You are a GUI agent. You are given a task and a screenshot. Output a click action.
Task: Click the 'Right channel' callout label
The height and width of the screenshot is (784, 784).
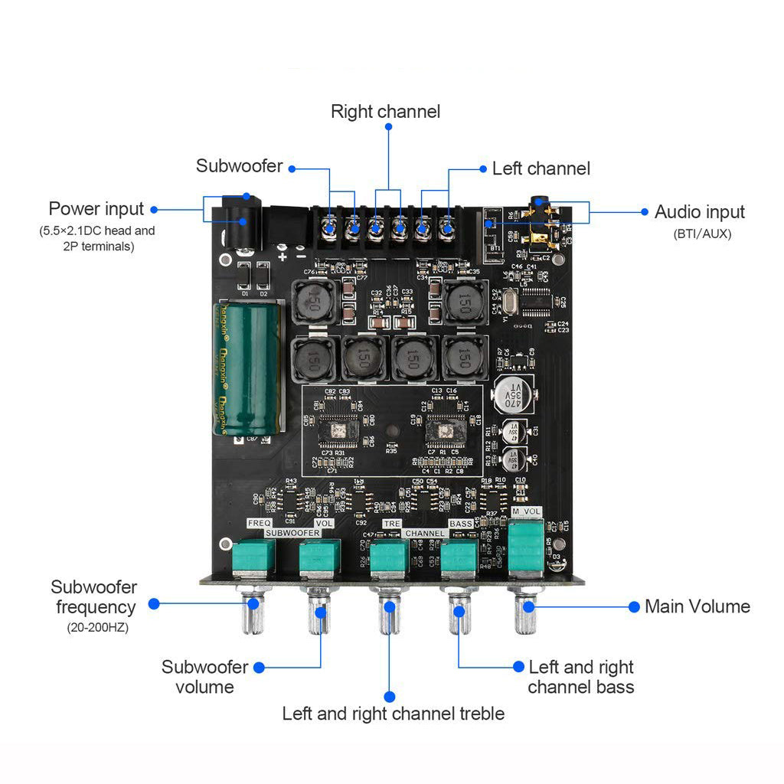(x=385, y=112)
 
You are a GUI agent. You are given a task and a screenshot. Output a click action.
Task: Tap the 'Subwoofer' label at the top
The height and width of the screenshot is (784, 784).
(x=239, y=166)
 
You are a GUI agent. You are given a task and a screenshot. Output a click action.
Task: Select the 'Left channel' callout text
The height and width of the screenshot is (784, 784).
(x=541, y=168)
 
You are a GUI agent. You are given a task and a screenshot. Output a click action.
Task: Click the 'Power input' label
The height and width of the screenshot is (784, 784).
(x=96, y=209)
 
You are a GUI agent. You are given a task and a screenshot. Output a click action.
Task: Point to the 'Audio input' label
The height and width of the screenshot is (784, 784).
(x=699, y=212)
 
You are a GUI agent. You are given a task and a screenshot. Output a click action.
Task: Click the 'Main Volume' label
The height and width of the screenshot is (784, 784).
(x=697, y=606)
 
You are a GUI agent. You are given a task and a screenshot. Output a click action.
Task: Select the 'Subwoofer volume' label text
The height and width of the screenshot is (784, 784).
(x=204, y=677)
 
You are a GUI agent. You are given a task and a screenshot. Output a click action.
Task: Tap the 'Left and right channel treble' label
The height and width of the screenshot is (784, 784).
(x=393, y=714)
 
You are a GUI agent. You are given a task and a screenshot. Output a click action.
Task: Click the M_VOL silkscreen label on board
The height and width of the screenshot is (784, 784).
(x=526, y=511)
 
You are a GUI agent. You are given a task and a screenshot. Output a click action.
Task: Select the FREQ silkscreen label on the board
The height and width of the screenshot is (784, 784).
(x=255, y=523)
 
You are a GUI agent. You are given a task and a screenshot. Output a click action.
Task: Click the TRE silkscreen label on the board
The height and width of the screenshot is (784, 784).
(x=391, y=524)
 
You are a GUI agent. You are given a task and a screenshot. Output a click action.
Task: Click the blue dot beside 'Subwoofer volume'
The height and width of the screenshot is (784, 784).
(x=259, y=668)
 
